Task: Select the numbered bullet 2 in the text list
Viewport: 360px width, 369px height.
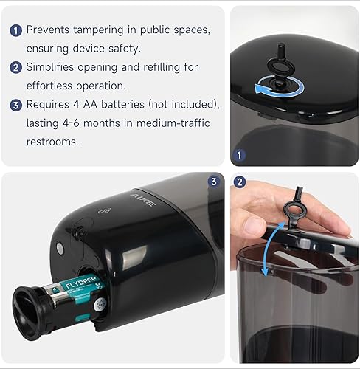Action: pos(15,67)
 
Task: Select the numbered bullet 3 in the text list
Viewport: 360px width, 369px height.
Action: pos(15,105)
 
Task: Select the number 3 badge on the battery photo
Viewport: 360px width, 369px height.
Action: pos(213,182)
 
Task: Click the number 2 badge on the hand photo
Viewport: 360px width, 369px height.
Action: pos(239,182)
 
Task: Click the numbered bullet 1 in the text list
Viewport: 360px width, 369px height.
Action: pos(15,30)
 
